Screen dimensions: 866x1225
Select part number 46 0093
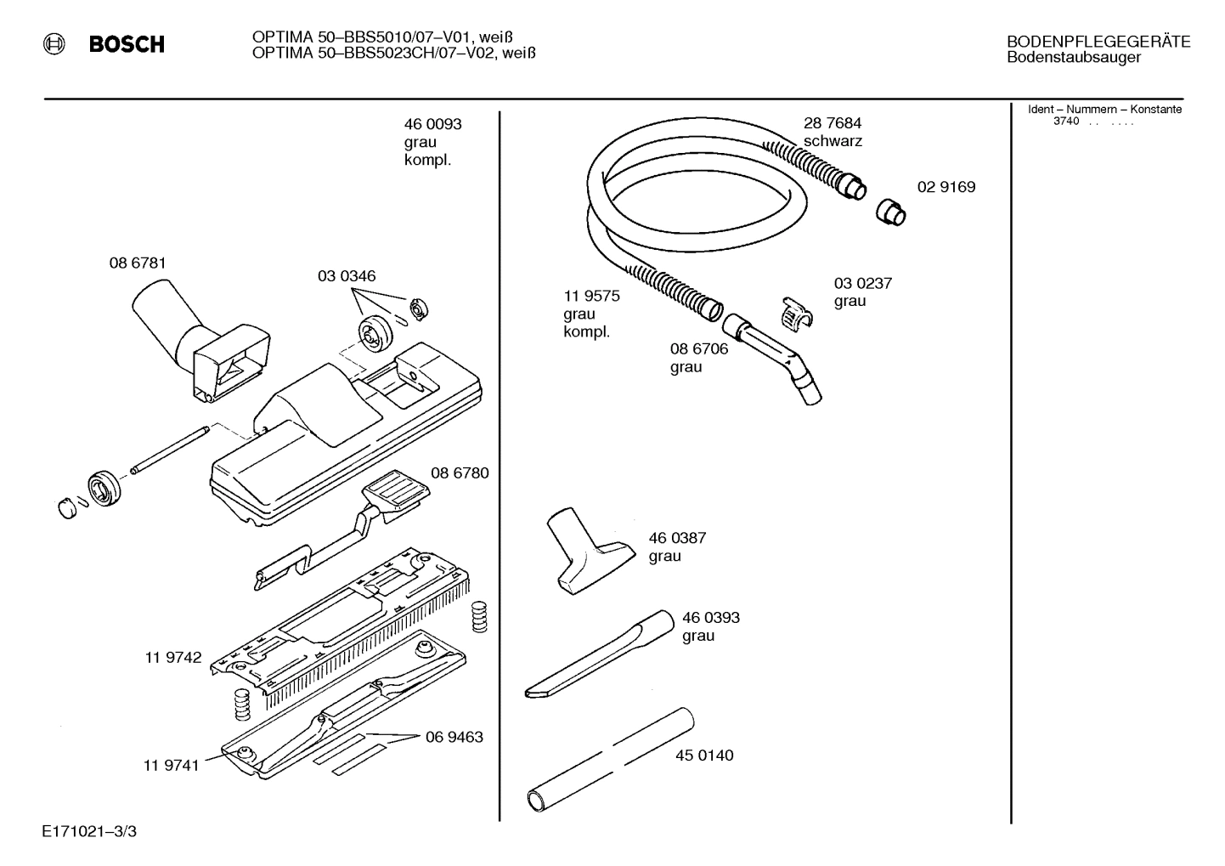[432, 124]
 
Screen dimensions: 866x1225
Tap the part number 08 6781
[138, 263]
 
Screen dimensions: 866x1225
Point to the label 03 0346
[347, 276]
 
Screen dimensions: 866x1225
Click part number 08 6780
[460, 473]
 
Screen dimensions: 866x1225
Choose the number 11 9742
[173, 657]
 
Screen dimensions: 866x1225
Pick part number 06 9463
[454, 737]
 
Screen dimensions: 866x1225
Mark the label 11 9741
[171, 765]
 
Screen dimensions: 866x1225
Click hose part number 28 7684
[833, 123]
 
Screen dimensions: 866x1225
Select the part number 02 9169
[946, 187]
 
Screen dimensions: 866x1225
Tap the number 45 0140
[704, 756]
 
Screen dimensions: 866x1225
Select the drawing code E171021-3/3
[88, 831]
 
